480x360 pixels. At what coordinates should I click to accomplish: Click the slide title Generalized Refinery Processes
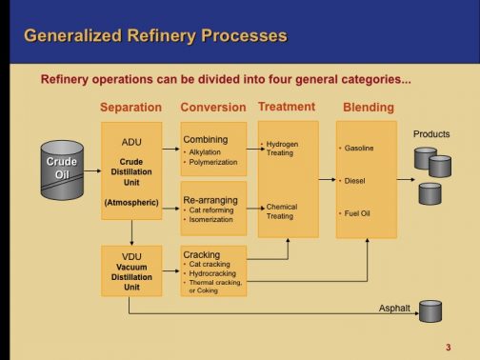tap(154, 36)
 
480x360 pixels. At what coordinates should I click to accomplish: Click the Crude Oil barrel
tap(62, 168)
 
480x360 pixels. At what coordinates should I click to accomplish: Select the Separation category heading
tap(130, 108)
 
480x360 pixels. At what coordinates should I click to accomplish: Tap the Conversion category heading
tap(212, 108)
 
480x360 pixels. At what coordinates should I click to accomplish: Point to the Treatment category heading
tap(287, 107)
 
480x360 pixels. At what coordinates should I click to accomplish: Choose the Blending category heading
tap(368, 108)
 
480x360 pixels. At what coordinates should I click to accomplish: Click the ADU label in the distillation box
tap(131, 142)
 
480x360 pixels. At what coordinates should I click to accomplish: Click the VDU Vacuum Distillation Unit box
tap(131, 270)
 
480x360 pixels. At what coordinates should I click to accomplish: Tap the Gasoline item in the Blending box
tap(359, 149)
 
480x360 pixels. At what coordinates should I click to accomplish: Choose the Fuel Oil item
tap(358, 212)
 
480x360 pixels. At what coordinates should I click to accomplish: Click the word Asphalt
tap(394, 309)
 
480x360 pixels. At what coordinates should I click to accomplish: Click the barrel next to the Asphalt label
tap(430, 310)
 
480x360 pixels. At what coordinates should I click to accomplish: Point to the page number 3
tap(448, 346)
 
